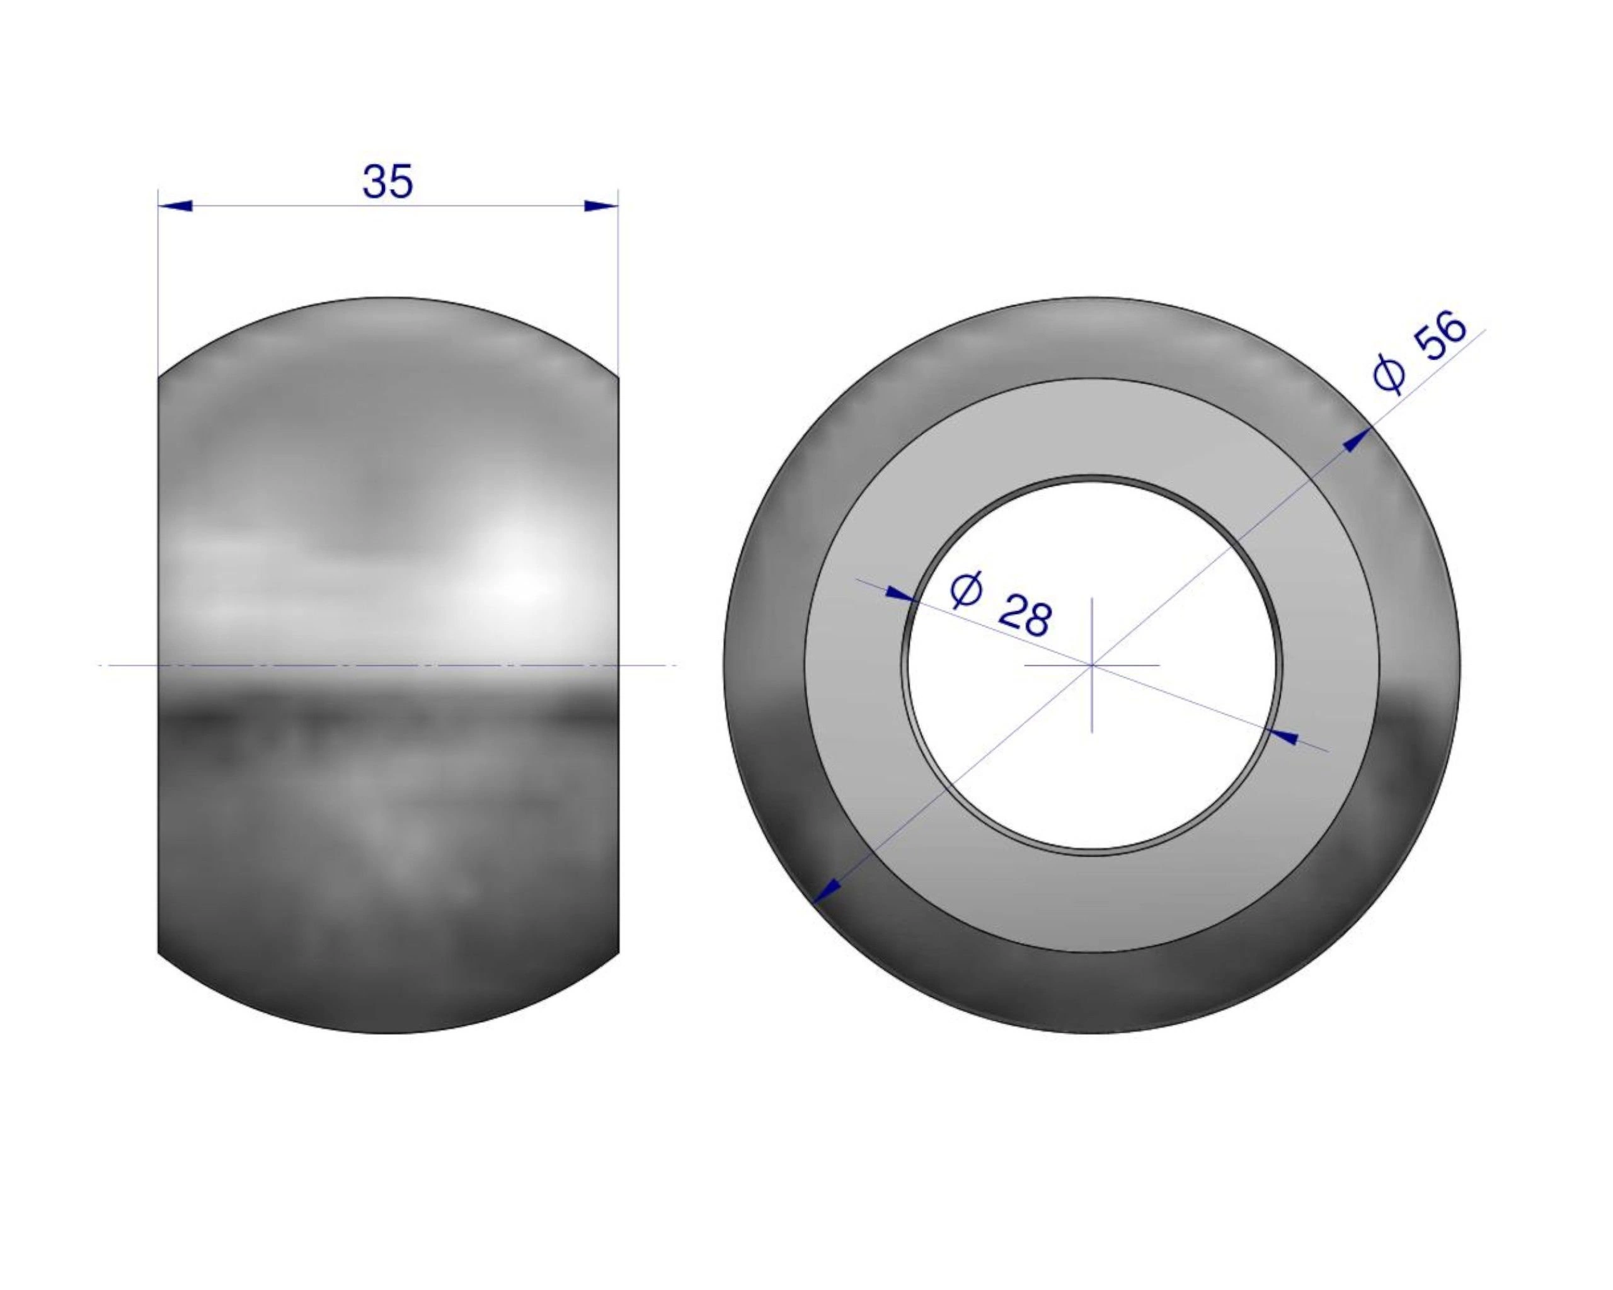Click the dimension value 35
point(387,182)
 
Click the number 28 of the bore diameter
point(1025,616)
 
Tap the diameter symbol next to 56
point(1389,374)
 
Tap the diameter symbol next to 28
point(965,591)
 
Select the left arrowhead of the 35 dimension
point(176,205)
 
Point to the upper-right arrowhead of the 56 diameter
point(1357,439)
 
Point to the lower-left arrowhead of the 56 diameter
point(827,891)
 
